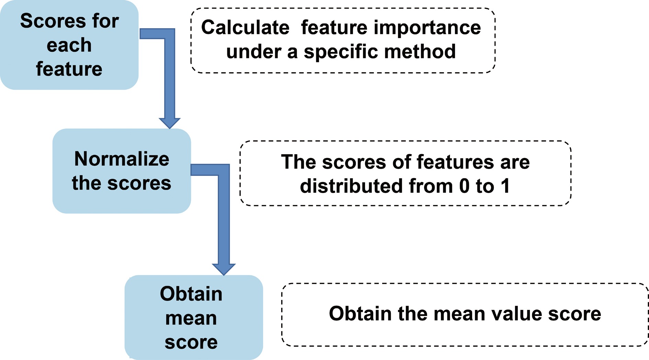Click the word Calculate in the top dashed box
pyautogui.click(x=245, y=27)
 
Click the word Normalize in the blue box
pyautogui.click(x=122, y=159)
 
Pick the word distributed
pyautogui.click(x=351, y=186)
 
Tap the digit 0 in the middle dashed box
pyautogui.click(x=464, y=186)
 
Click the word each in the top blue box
pyautogui.click(x=69, y=45)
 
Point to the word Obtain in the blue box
pyautogui.click(x=191, y=294)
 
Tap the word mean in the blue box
pyautogui.click(x=191, y=318)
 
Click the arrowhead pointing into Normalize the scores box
pyautogui.click(x=170, y=123)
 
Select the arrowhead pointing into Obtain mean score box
pyautogui.click(x=224, y=269)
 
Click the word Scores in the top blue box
pyautogui.click(x=46, y=21)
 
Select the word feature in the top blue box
pyautogui.click(x=69, y=69)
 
